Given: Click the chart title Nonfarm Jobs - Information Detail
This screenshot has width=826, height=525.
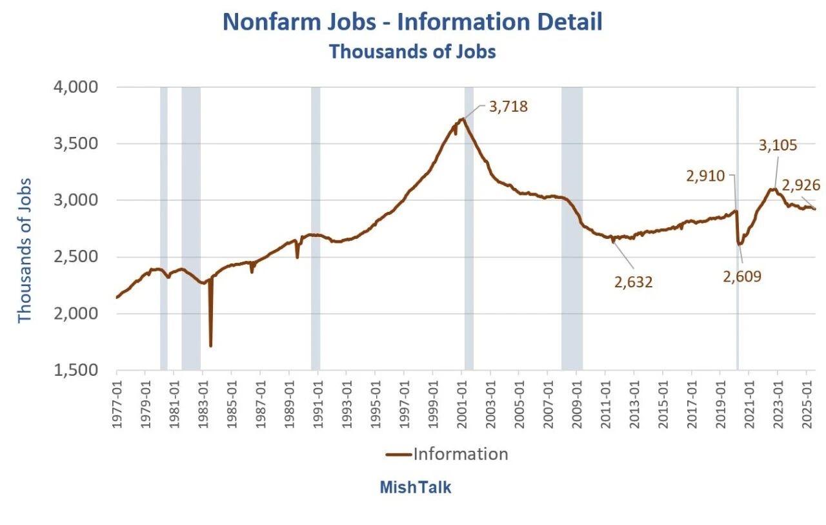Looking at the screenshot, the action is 412,22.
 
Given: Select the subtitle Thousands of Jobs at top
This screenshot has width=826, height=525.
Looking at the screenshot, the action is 412,51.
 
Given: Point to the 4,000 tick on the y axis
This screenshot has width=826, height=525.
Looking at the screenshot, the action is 76,87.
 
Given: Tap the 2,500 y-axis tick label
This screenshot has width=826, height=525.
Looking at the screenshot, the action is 76,257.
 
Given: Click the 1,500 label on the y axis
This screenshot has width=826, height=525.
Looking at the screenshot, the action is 76,369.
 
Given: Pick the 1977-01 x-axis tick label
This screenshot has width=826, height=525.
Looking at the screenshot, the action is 117,404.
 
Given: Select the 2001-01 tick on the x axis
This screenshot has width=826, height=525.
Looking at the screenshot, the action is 461,404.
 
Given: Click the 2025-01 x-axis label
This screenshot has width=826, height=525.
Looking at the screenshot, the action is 807,404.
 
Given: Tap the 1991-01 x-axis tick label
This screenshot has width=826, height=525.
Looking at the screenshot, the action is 318,404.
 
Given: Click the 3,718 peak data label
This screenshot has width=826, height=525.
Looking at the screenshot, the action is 509,107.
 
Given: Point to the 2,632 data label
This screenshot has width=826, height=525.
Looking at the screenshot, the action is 634,282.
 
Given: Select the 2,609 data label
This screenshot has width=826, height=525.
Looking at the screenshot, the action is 742,276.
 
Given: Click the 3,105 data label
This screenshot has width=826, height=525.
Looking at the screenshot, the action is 778,145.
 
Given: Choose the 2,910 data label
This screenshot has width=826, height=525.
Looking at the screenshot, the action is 705,176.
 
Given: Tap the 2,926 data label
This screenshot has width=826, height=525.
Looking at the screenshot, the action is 801,185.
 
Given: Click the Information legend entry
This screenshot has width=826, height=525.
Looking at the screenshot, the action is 447,454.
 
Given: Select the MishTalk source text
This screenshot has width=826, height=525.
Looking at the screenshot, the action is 415,487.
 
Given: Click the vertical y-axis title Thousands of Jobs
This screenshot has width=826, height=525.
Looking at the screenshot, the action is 25,251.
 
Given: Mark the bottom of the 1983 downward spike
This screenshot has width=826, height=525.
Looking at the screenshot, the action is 210,346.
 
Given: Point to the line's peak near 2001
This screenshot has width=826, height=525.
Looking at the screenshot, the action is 463,118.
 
